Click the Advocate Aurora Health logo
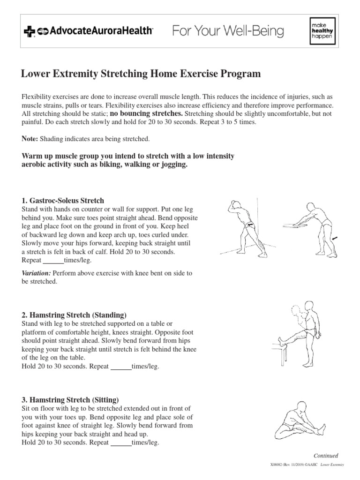[88, 31]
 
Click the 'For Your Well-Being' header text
[228, 31]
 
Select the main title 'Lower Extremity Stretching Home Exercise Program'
[141, 74]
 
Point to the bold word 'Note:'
[30, 139]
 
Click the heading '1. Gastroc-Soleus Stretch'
[63, 201]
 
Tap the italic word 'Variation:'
[37, 273]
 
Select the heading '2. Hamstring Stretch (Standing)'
[74, 315]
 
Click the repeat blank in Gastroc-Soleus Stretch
[53, 260]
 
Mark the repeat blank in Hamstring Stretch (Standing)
[120, 366]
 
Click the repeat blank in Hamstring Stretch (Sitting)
[120, 442]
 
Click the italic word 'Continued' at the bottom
[325, 456]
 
